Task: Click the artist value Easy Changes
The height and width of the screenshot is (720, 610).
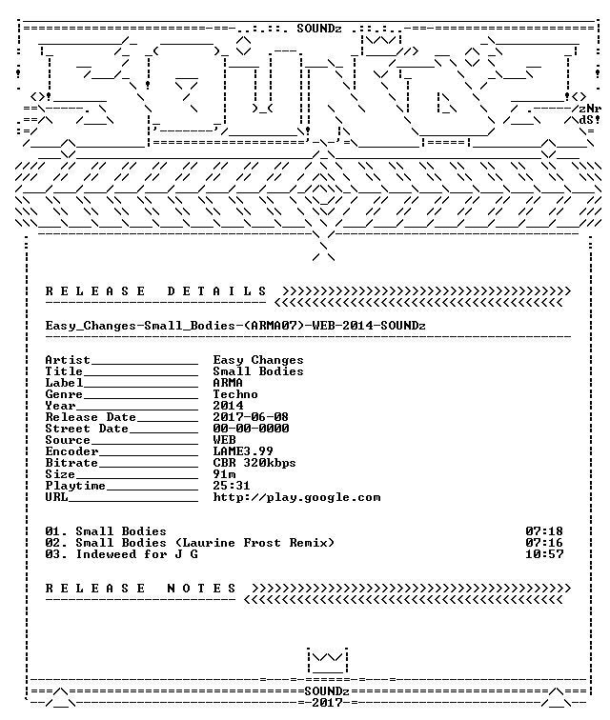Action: coord(258,360)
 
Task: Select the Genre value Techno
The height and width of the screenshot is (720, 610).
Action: coord(234,394)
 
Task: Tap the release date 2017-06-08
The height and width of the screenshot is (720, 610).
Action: coord(251,417)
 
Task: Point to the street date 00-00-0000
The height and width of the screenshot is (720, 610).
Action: coord(251,429)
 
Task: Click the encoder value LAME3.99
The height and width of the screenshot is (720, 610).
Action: coord(243,451)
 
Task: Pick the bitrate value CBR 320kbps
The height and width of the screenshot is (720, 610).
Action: coord(254,463)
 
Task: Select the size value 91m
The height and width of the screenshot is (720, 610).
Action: coord(224,474)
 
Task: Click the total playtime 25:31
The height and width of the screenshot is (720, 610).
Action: coord(232,486)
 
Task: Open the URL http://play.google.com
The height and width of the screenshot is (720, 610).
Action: coord(296,498)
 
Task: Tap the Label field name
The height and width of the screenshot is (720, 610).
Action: coord(64,383)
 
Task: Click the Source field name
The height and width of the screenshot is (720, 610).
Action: coord(68,440)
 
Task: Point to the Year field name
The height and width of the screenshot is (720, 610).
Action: coord(60,406)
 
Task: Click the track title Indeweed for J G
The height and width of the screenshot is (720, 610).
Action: coord(136,554)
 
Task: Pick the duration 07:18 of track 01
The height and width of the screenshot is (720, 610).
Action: coord(544,531)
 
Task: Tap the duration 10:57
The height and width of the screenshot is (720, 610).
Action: coord(544,554)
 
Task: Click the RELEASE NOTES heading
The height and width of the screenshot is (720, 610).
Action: coord(141,589)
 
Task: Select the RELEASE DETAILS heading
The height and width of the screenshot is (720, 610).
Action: coord(155,291)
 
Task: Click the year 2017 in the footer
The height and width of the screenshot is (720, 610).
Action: coord(327,703)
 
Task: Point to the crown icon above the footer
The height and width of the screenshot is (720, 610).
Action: coord(327,661)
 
